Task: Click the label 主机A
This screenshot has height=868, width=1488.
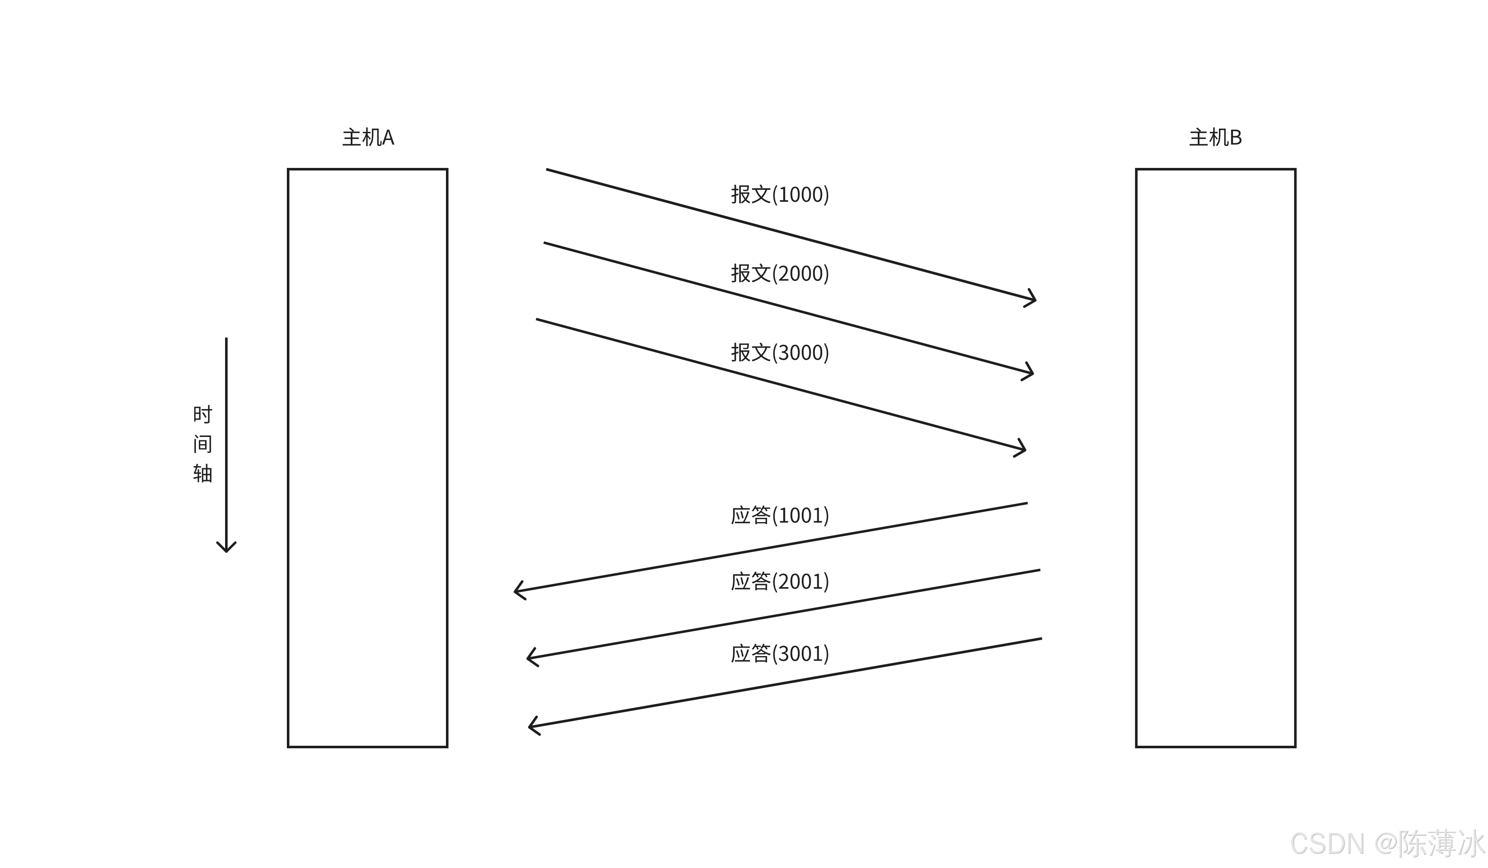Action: click(x=368, y=137)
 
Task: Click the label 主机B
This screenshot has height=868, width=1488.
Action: click(x=1215, y=137)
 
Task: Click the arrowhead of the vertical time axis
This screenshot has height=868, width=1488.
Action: click(x=226, y=549)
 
